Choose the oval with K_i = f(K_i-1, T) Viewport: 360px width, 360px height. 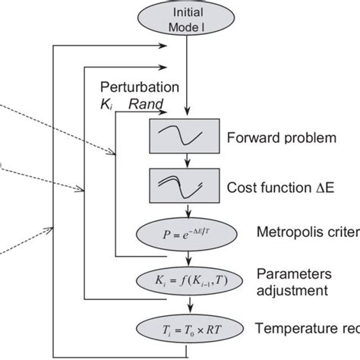coord(186,282)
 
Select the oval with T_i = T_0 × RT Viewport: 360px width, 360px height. coord(186,329)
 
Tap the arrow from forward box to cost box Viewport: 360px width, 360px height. coord(186,161)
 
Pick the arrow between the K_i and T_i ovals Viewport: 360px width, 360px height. coord(186,305)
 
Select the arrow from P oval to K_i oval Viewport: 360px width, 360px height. coord(186,258)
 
